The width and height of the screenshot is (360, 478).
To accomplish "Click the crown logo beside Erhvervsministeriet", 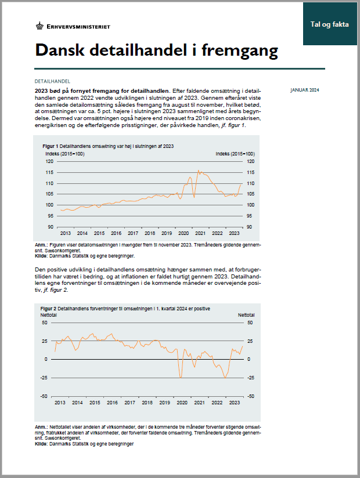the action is [39, 26].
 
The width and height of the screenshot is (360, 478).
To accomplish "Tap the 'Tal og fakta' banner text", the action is [329, 24].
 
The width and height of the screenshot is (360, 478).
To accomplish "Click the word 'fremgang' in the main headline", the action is [240, 50].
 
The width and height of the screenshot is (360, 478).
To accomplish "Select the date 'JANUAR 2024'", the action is [305, 90].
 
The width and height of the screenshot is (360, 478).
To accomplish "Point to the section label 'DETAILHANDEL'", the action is [52, 81].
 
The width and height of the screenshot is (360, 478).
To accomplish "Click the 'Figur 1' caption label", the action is [51, 146].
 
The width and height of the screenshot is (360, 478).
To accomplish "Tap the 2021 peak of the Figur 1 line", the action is [199, 171].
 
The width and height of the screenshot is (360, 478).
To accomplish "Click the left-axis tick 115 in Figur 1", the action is [49, 172].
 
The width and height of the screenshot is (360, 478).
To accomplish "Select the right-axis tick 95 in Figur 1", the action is [249, 216].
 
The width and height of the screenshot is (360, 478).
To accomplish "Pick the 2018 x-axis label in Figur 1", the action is [150, 233].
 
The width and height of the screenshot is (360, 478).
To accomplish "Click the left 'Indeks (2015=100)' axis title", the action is [65, 154].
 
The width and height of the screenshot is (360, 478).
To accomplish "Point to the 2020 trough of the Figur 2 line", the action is [181, 378].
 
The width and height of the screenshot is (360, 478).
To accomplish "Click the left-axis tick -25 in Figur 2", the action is [44, 378].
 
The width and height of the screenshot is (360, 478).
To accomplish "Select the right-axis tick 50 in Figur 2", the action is [250, 323].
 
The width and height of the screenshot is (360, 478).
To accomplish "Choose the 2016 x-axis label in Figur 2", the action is [112, 403].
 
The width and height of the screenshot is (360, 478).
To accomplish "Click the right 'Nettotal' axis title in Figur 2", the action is [246, 315].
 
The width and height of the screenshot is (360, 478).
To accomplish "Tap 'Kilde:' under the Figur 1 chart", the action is [41, 256].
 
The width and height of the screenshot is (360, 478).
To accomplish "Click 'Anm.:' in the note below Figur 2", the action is [41, 427].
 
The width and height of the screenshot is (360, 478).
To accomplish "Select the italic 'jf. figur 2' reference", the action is [55, 290].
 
